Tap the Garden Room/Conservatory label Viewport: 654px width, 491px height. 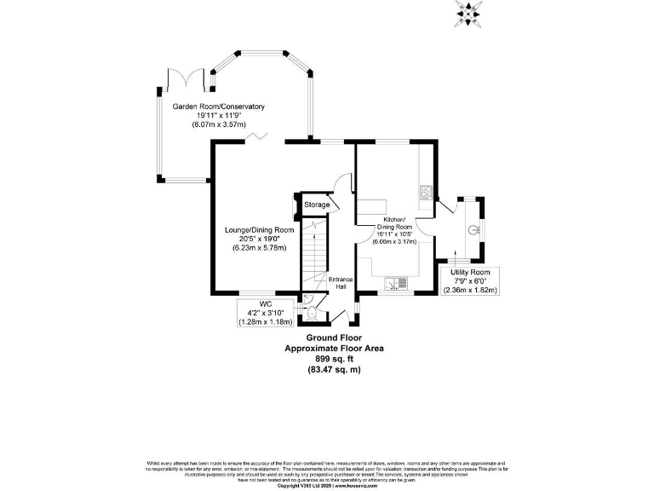[x=219, y=107]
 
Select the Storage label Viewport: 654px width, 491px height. [x=317, y=205]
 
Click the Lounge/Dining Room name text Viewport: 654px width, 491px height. [x=260, y=230]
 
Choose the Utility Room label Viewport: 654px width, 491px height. [x=470, y=272]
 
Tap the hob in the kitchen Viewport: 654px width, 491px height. [x=426, y=192]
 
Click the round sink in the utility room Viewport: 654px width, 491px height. [x=473, y=228]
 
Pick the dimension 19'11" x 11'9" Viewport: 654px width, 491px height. [x=219, y=115]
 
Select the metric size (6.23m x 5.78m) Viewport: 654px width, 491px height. [x=260, y=248]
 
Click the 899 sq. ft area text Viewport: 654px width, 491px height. [x=334, y=359]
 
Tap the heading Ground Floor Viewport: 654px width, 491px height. [x=334, y=338]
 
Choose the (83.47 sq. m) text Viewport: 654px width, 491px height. [x=334, y=369]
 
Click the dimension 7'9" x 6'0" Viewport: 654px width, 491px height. [x=470, y=280]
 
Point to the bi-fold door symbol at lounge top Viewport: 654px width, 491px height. [x=253, y=136]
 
